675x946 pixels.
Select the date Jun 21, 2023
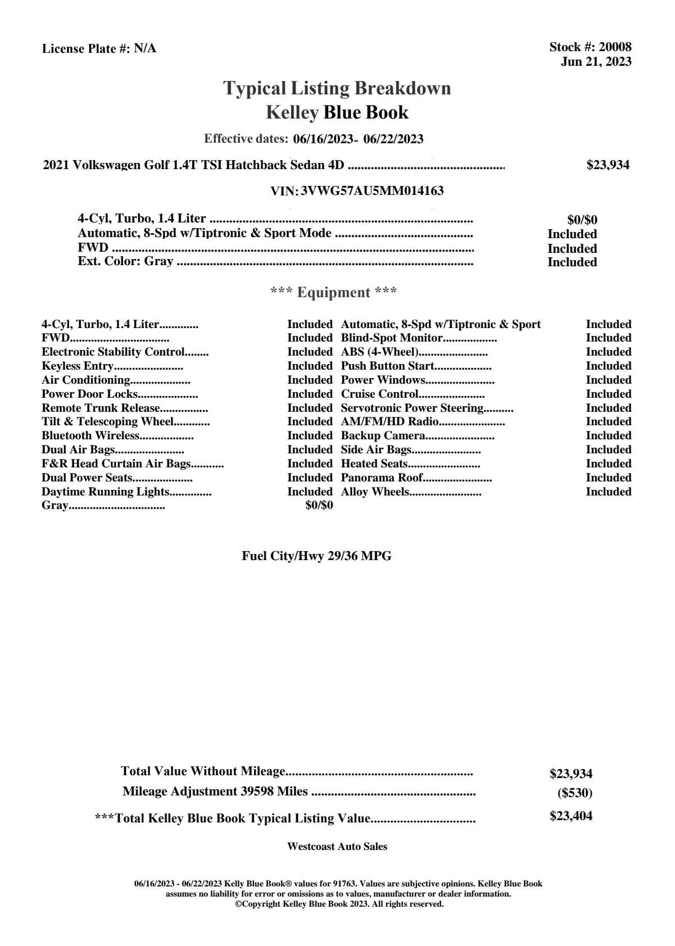(x=596, y=61)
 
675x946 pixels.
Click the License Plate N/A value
(x=145, y=49)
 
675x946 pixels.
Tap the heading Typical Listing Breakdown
(x=337, y=88)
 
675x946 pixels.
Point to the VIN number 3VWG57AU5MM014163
(x=372, y=191)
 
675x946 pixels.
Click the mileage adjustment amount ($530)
(x=574, y=793)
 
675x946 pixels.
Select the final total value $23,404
(x=570, y=816)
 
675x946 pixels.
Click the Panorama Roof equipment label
(x=382, y=478)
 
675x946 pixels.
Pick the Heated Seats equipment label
(x=374, y=464)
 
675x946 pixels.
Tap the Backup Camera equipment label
(x=383, y=436)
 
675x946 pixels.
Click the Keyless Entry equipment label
(x=78, y=366)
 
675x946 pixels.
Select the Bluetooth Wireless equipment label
(x=90, y=436)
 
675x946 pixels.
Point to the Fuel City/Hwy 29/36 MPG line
(x=316, y=556)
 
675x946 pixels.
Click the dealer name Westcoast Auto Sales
(x=337, y=846)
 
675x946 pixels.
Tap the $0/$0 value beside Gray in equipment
(x=319, y=506)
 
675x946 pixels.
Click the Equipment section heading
(x=334, y=293)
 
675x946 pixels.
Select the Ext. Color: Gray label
(x=125, y=261)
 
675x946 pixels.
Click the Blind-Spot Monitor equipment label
(x=392, y=338)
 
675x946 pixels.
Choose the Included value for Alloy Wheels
(x=608, y=492)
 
